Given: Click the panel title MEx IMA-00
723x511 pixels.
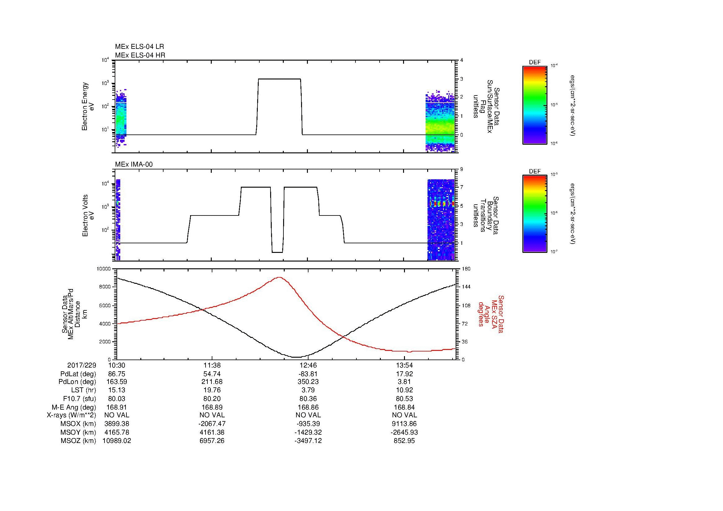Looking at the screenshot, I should (134, 164).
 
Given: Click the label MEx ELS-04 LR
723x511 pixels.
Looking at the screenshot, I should (139, 47).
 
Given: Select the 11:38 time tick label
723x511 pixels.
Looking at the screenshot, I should (212, 365).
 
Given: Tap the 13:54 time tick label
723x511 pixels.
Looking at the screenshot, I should (404, 365).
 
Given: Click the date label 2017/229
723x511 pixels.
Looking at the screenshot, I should (82, 365).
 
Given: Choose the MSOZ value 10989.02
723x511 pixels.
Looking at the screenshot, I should (117, 441).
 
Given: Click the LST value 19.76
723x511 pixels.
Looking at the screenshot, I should (212, 390).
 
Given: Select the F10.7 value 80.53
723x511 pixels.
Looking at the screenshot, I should (404, 399).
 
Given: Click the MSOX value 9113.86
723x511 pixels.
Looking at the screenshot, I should (404, 424).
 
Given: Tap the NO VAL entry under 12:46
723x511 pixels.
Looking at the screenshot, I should (308, 415).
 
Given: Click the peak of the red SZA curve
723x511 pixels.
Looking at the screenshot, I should (279, 277).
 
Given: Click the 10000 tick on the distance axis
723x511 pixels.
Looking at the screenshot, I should (104, 269).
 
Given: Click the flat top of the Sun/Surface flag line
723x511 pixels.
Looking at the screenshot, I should (279, 79).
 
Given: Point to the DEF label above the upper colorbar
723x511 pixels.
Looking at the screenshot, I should (534, 63).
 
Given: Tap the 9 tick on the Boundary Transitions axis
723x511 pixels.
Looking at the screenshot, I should (461, 169).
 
